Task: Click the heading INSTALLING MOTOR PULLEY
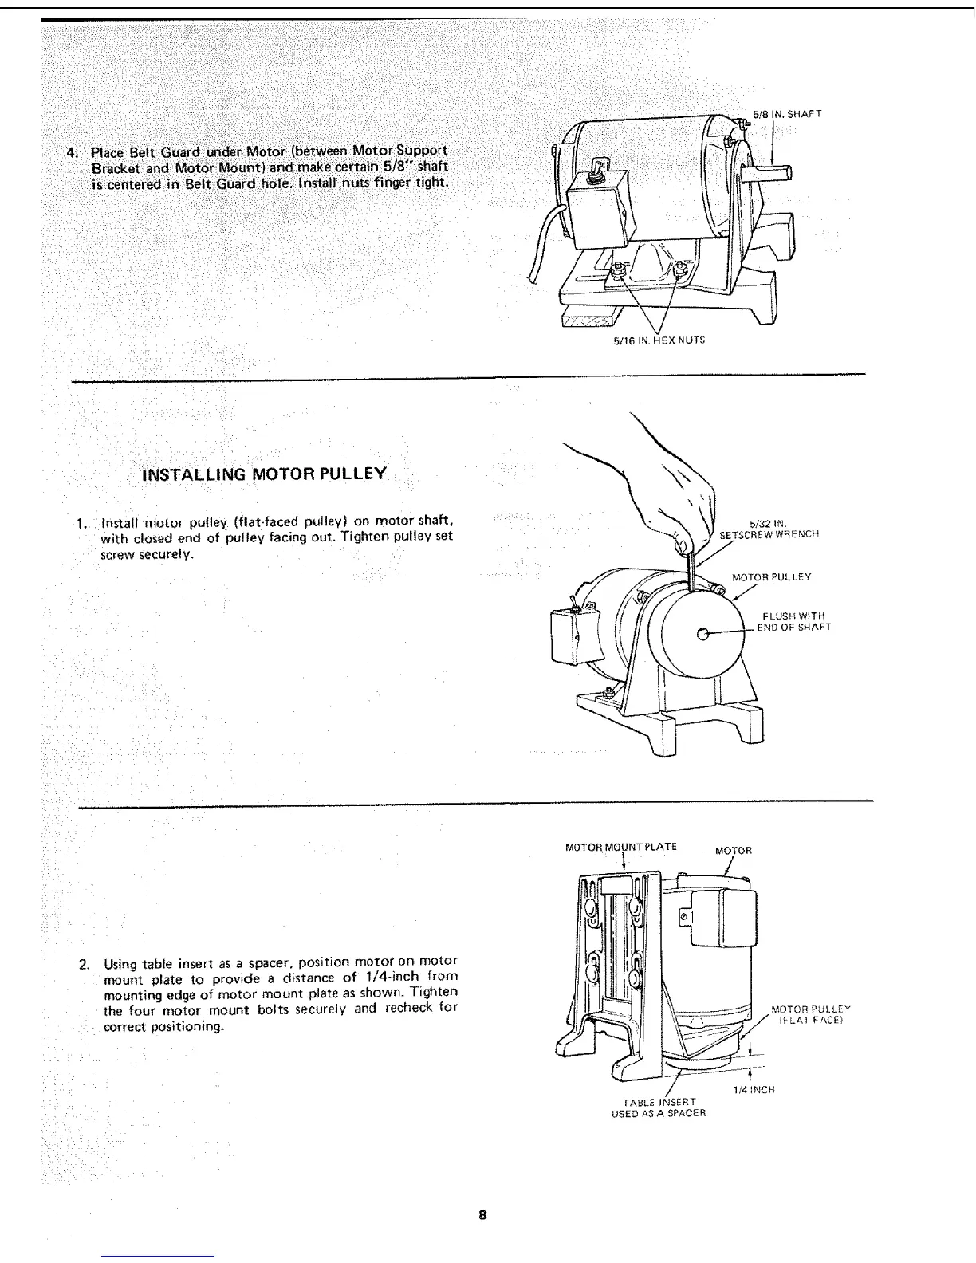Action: pos(264,474)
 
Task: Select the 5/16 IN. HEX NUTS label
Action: pos(659,340)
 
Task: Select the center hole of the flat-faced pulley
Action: pos(702,634)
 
